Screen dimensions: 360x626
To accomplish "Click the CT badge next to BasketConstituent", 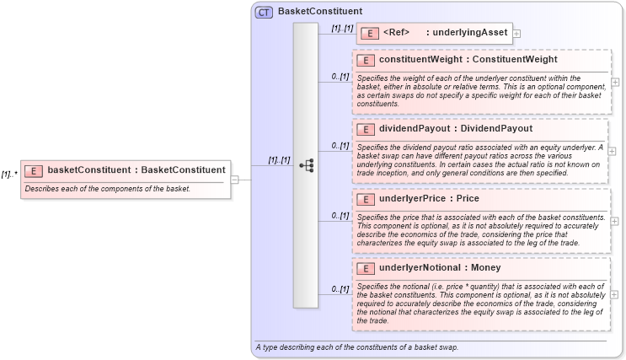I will [x=263, y=12].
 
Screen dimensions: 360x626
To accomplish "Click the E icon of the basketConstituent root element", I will [x=35, y=169].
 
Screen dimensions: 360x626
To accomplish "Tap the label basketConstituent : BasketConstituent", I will [x=136, y=169].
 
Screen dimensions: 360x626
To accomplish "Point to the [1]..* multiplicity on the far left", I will [x=9, y=175].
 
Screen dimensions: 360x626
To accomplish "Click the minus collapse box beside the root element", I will [x=235, y=179].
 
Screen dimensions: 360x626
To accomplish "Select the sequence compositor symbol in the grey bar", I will [x=307, y=166].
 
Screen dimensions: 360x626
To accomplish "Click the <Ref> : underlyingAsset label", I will [x=444, y=33].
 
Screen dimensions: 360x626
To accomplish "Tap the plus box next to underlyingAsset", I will [x=517, y=34].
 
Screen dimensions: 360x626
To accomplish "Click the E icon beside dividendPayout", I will [x=367, y=129].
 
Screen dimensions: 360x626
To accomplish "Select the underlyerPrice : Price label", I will [x=430, y=199].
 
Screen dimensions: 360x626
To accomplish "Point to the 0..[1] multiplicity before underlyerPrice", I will [x=340, y=216].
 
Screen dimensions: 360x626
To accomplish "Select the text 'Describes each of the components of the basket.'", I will [x=108, y=188].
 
